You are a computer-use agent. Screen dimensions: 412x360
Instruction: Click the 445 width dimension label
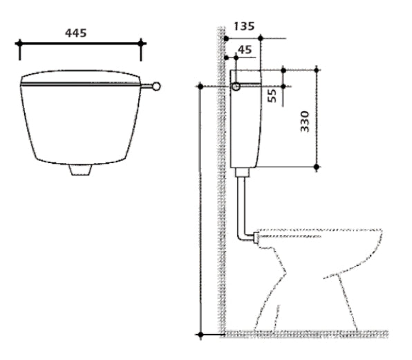[x=75, y=33]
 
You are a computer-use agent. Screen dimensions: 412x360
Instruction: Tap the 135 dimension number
[x=244, y=26]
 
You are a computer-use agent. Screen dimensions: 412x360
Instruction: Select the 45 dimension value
[x=245, y=50]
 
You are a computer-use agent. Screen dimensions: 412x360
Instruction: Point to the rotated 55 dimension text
[x=272, y=95]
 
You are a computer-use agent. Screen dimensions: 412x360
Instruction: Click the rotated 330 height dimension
[x=305, y=122]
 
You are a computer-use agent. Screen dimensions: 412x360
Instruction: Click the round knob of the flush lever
[x=156, y=86]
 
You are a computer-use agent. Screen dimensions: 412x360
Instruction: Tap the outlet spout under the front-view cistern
[x=80, y=170]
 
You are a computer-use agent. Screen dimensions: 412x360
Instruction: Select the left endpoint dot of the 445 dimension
[x=19, y=44]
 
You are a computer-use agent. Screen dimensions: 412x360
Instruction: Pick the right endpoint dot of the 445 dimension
[x=141, y=44]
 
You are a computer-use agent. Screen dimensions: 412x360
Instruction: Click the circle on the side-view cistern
[x=236, y=86]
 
